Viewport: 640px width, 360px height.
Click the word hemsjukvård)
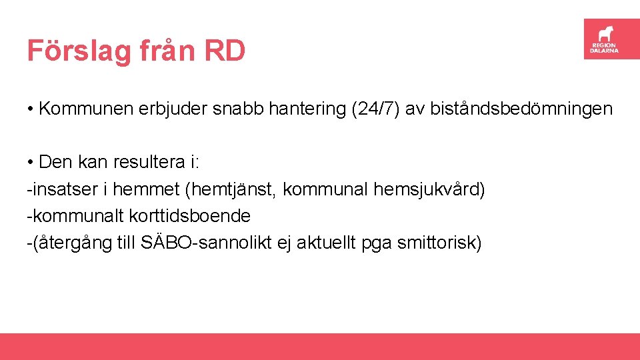pyautogui.click(x=429, y=189)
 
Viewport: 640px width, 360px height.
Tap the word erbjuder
pyautogui.click(x=173, y=109)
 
